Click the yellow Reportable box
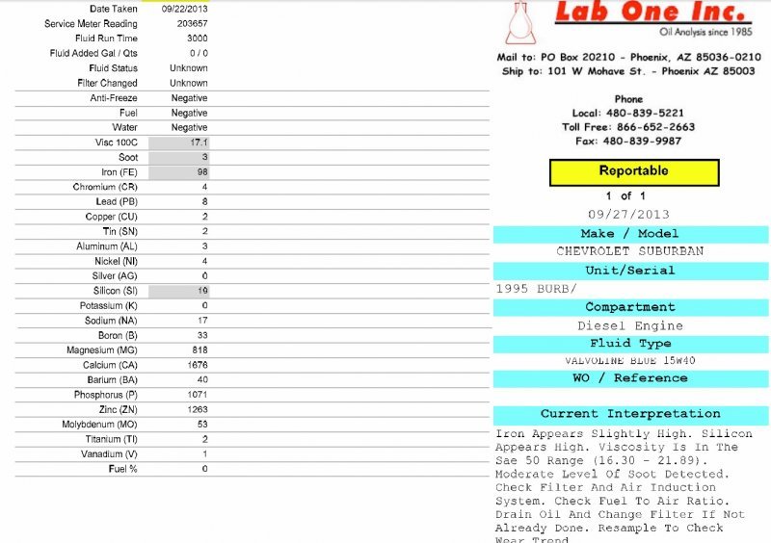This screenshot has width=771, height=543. point(634,171)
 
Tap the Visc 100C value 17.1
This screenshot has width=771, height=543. point(199,142)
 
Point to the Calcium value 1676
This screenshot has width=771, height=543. point(197,366)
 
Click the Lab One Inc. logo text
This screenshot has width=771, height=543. point(652,13)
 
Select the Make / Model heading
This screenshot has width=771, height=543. point(630,234)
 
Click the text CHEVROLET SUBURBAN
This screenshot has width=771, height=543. point(630,251)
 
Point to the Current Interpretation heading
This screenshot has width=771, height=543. point(630,414)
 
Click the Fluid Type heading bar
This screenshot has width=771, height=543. point(630,344)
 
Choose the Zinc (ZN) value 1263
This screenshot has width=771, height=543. point(197,410)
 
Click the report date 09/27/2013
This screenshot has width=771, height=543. point(628,214)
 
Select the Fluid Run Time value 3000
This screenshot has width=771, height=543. point(197,39)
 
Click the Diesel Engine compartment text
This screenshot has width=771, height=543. point(630,326)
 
